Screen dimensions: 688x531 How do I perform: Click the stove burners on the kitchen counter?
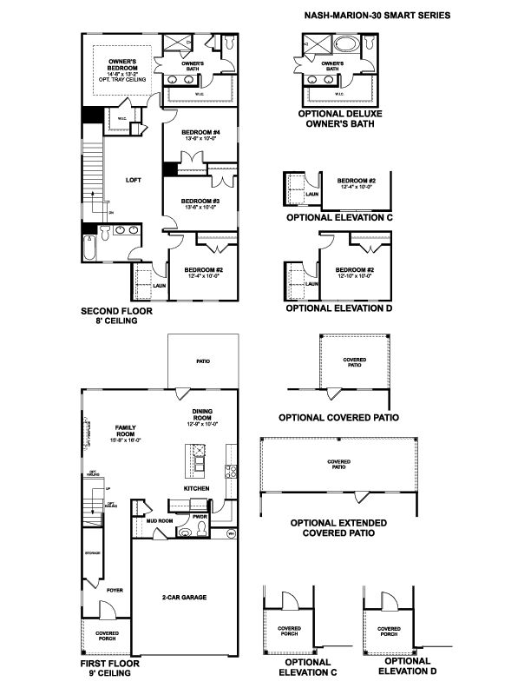pyautogui.click(x=231, y=473)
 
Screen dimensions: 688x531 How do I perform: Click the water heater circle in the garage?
pyautogui.click(x=231, y=533)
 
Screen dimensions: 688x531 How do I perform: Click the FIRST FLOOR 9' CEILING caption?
pyautogui.click(x=109, y=668)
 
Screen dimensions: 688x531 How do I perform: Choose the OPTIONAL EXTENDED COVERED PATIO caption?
pyautogui.click(x=338, y=528)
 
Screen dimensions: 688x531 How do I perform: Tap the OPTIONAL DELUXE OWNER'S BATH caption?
pyautogui.click(x=339, y=118)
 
